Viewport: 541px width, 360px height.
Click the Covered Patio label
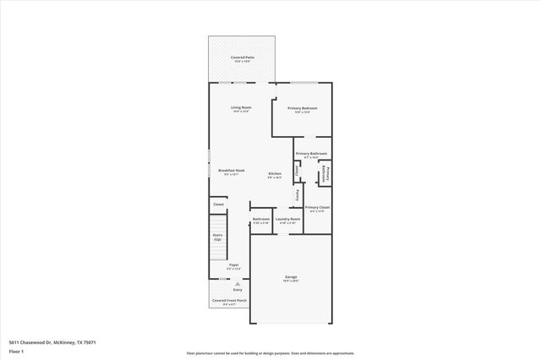(x=243, y=57)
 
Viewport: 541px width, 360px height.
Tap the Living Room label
(x=242, y=108)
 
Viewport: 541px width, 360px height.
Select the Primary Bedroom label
(x=303, y=108)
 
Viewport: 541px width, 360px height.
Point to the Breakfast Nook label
(x=231, y=171)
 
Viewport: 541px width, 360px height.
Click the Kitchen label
(x=275, y=174)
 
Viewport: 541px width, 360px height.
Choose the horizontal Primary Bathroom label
(x=312, y=153)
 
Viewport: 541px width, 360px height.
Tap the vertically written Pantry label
(x=297, y=196)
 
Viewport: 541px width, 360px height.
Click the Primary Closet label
(x=317, y=207)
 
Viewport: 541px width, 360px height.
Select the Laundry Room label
(x=288, y=219)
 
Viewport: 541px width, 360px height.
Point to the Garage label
(x=291, y=277)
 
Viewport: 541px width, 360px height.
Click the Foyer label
(x=233, y=265)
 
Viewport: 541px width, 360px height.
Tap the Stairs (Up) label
(x=217, y=237)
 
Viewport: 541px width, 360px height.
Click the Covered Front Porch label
(x=229, y=300)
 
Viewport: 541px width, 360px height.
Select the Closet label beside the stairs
(x=218, y=204)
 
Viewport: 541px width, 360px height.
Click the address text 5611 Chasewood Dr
(x=40, y=342)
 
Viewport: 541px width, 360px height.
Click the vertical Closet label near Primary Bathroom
(x=298, y=170)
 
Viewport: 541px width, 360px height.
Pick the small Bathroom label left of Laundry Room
(x=260, y=219)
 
